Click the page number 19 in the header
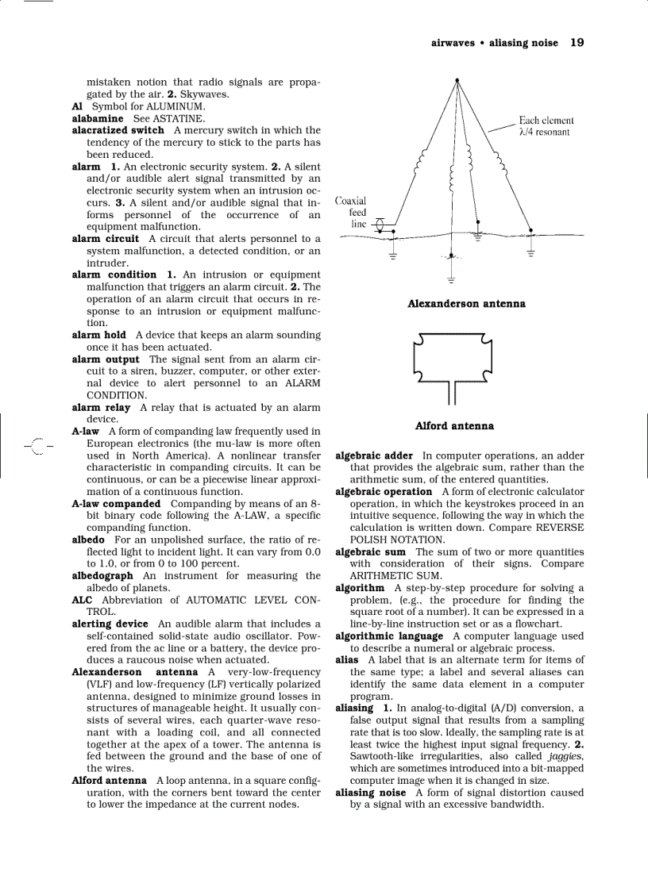click(x=577, y=43)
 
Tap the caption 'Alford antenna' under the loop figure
click(x=454, y=426)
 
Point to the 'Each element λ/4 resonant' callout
click(x=546, y=126)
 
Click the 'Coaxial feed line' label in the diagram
click(x=351, y=213)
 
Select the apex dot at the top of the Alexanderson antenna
click(x=457, y=79)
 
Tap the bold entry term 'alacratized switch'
click(x=118, y=130)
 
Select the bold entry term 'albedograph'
click(x=102, y=576)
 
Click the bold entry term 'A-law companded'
click(x=116, y=504)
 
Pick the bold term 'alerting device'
click(x=110, y=624)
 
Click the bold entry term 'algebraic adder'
click(x=374, y=456)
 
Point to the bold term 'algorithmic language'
click(x=389, y=636)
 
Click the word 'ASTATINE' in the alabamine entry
click(x=179, y=118)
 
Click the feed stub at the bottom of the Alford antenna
click(x=451, y=393)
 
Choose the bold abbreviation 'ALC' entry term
click(x=82, y=601)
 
